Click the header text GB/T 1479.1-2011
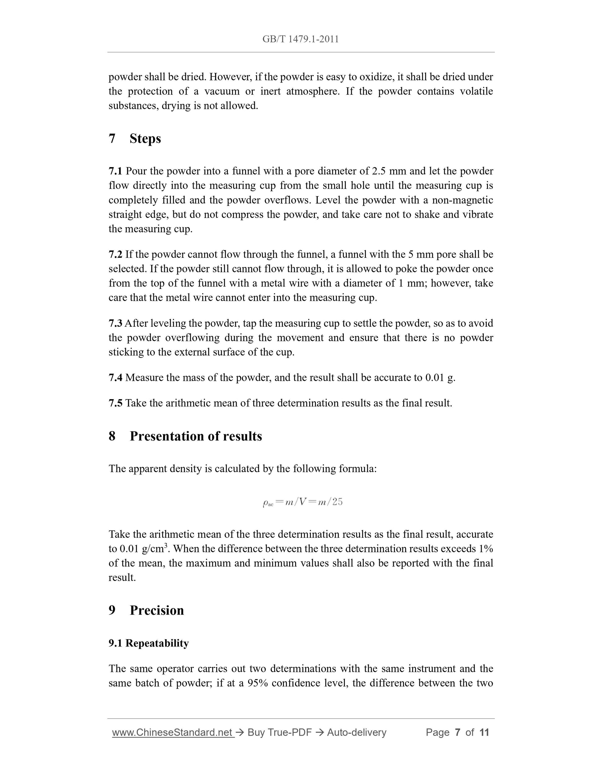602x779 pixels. pyautogui.click(x=300, y=39)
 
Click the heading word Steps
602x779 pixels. pyautogui.click(x=145, y=138)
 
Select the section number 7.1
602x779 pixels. pyautogui.click(x=115, y=171)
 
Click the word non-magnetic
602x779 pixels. pyautogui.click(x=462, y=200)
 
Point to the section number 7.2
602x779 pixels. pyautogui.click(x=115, y=254)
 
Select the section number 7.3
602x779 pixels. pyautogui.click(x=115, y=324)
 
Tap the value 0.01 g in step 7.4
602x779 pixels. pyautogui.click(x=440, y=378)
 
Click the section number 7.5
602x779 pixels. pyautogui.click(x=115, y=403)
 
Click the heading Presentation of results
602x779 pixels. pyautogui.click(x=196, y=436)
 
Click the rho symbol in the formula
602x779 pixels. pyautogui.click(x=265, y=503)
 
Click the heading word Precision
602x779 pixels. pyautogui.click(x=157, y=610)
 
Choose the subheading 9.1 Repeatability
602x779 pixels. pyautogui.click(x=148, y=643)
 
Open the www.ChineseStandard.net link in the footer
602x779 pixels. pyautogui.click(x=173, y=733)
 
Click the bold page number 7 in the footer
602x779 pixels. pyautogui.click(x=457, y=733)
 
